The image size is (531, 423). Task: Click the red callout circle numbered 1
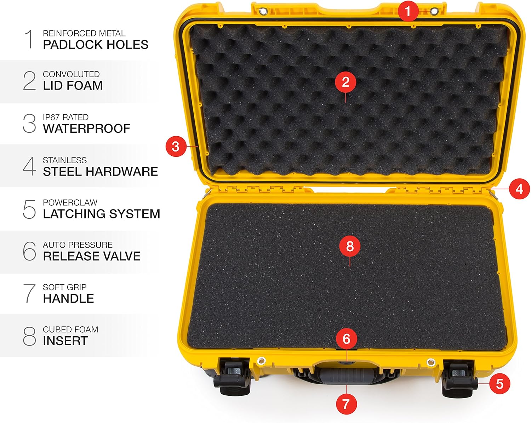pyautogui.click(x=408, y=11)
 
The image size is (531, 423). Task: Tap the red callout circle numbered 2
pyautogui.click(x=346, y=82)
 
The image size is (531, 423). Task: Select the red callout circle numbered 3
pyautogui.click(x=176, y=146)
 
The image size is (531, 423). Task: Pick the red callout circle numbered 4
pyautogui.click(x=519, y=189)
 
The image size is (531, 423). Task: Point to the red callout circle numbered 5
pyautogui.click(x=499, y=384)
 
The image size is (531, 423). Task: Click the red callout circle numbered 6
pyautogui.click(x=346, y=339)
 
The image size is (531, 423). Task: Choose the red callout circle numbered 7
pyautogui.click(x=346, y=404)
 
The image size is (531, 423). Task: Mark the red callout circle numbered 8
pyautogui.click(x=350, y=246)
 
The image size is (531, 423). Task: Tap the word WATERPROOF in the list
pyautogui.click(x=86, y=128)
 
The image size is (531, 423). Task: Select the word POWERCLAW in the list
pyautogui.click(x=70, y=203)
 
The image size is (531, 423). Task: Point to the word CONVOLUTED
pyautogui.click(x=71, y=74)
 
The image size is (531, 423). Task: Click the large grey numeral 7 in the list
pyautogui.click(x=29, y=293)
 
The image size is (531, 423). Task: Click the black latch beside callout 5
pyautogui.click(x=459, y=378)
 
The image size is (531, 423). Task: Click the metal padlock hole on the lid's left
pyautogui.click(x=263, y=12)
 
